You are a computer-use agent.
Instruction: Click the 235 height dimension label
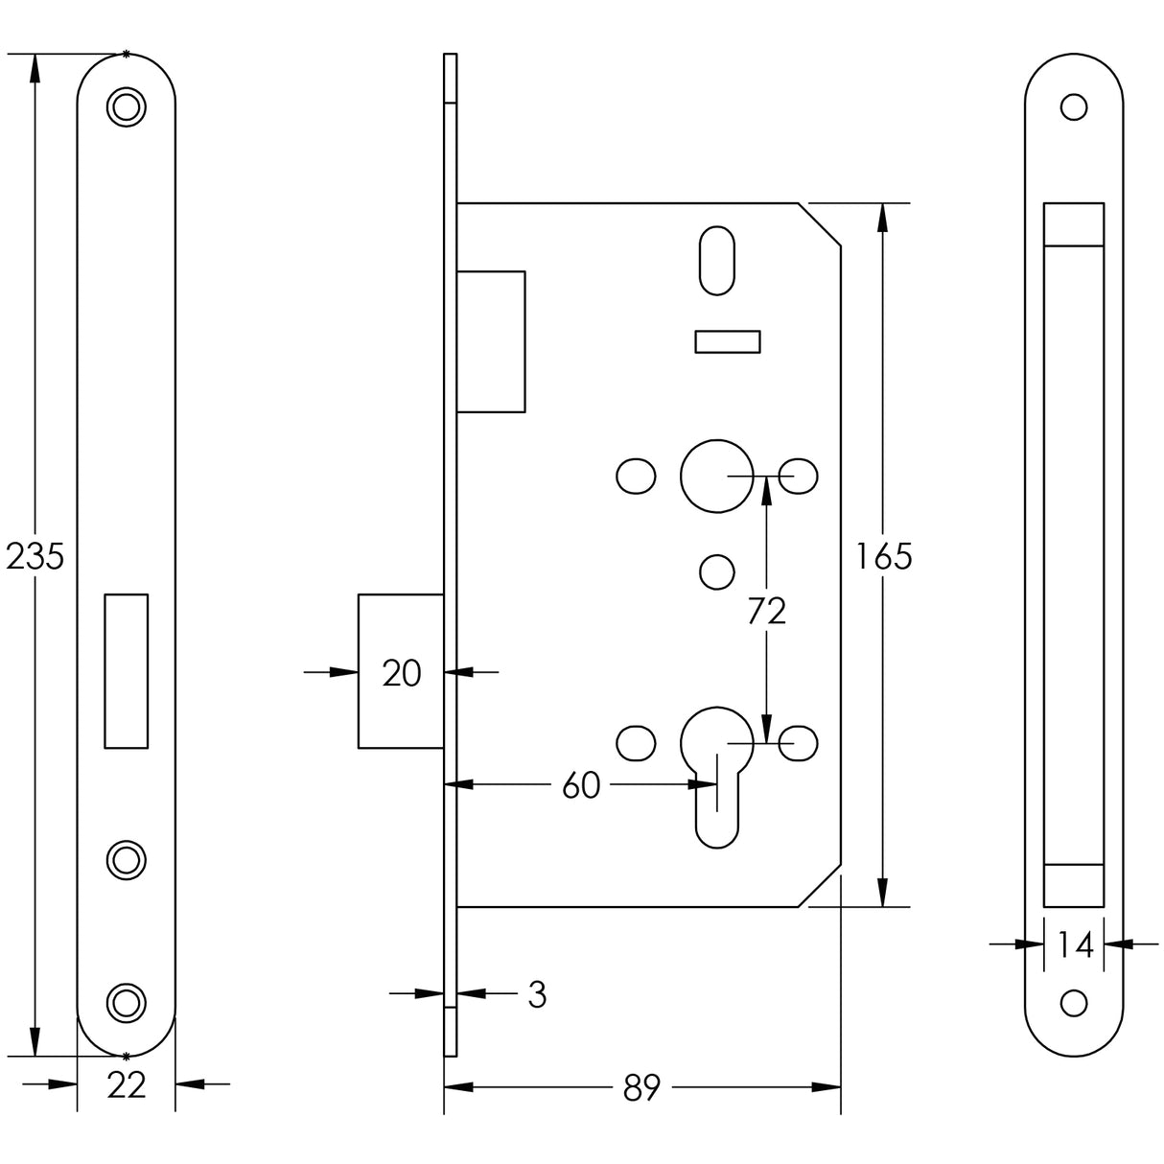(x=35, y=556)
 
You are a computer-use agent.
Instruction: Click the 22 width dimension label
(x=126, y=1085)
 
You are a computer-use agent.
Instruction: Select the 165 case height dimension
(x=883, y=556)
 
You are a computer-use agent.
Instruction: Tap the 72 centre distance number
(x=766, y=611)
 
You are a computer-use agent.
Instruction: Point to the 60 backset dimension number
(x=580, y=785)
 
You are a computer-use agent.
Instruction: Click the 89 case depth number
(x=640, y=1088)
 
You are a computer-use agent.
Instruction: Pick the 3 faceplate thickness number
(x=537, y=995)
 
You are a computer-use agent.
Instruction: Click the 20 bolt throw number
(x=401, y=673)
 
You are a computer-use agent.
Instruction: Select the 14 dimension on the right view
(x=1075, y=945)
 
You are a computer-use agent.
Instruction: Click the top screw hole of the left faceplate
(x=125, y=106)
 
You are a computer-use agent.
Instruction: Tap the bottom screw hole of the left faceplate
(x=125, y=1001)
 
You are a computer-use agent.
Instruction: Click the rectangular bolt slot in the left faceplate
(x=126, y=670)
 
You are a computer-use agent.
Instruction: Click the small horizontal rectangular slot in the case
(x=727, y=342)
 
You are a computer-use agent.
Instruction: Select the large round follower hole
(x=714, y=476)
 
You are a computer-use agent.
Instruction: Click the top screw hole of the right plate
(x=1074, y=106)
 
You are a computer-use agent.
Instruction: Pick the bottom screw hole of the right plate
(x=1074, y=1002)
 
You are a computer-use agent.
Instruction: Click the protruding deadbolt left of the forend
(x=400, y=671)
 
